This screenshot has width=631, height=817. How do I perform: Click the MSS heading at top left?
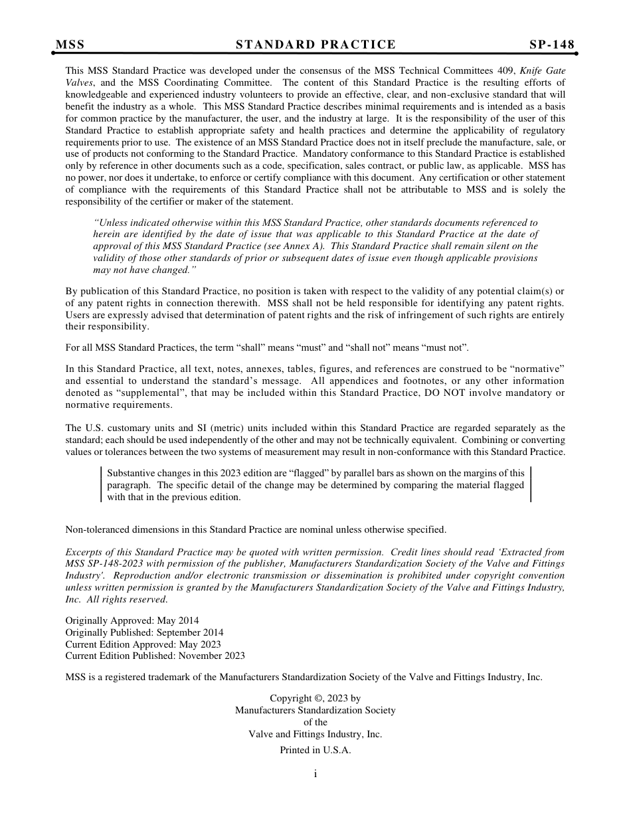click(70, 45)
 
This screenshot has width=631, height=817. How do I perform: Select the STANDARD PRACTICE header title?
click(315, 45)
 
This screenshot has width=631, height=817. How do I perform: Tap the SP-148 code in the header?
click(552, 45)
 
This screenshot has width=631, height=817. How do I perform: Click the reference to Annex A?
click(308, 246)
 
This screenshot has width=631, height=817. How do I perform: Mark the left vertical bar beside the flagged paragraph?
click(102, 484)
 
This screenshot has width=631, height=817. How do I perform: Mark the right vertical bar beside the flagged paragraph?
click(531, 484)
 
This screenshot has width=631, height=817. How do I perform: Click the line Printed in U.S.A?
click(315, 750)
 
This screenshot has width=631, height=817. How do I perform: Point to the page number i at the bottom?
click(315, 774)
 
